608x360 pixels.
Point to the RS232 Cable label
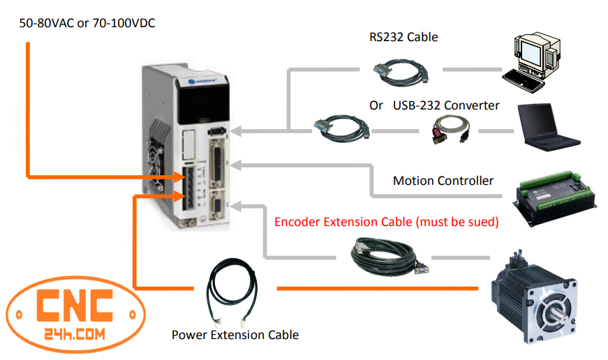403,37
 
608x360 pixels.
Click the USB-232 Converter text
446,105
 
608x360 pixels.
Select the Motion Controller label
443,181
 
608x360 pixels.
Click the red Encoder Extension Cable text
386,222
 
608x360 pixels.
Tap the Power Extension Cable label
235,335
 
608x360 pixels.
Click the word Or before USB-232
376,105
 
